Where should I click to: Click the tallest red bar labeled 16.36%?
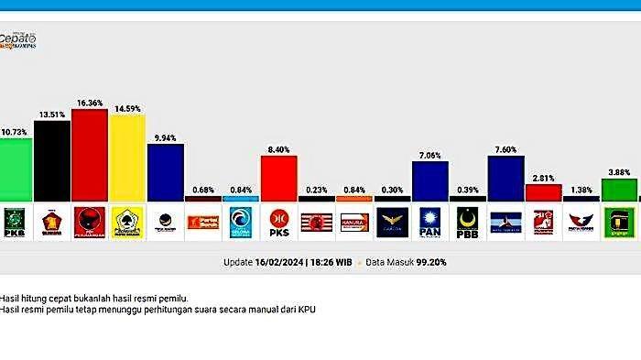pos(90,154)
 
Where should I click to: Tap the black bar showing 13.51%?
pos(52,161)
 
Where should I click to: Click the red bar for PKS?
pos(278,178)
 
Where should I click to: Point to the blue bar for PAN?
pos(429,180)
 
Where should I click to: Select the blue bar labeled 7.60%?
pos(505,179)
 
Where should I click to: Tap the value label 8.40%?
pos(278,149)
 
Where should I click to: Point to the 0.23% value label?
pos(316,191)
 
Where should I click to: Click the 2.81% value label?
pos(543,178)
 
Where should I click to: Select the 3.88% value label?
pos(619,172)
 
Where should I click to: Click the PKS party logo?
pos(278,221)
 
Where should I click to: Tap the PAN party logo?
pos(429,221)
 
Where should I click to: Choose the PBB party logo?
pos(467,221)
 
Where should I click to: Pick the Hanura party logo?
pos(353,221)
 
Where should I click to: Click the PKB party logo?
pos(16,221)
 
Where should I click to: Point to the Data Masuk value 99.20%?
pos(429,262)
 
